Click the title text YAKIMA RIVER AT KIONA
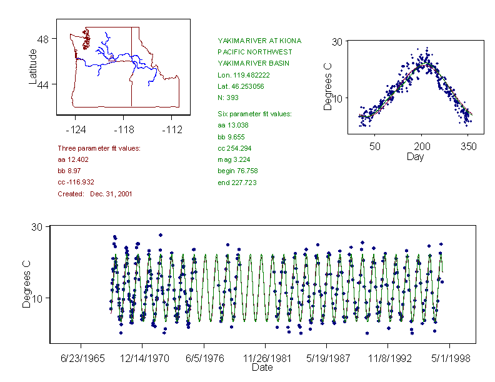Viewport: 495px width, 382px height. pyautogui.click(x=259, y=41)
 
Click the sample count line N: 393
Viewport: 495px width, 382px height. pyautogui.click(x=227, y=98)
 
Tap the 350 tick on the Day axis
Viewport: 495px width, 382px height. pyautogui.click(x=469, y=146)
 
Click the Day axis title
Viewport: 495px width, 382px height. pyautogui.click(x=415, y=156)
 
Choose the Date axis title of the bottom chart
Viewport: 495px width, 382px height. pyautogui.click(x=262, y=368)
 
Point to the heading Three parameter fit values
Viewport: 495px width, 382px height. pyautogui.click(x=99, y=148)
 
